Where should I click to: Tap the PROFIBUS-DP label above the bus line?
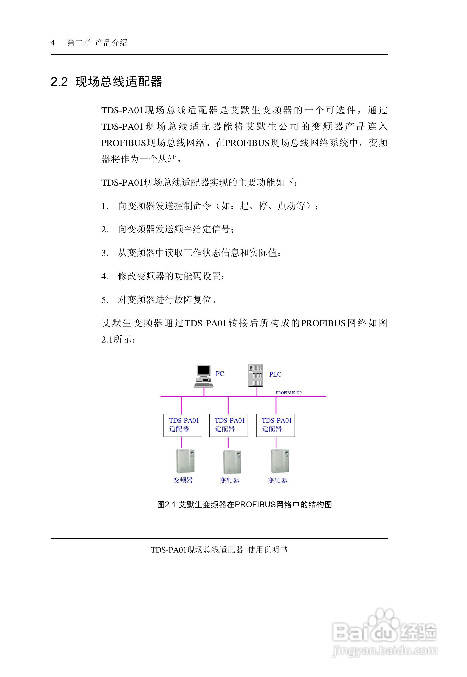pos(289,393)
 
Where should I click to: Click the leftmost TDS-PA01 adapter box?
pos(183,425)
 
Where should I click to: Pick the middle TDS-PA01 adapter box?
pos(229,425)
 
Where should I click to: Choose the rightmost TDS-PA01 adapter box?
pos(275,425)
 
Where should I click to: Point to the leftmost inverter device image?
pos(185,461)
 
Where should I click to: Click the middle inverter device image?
pos(232,462)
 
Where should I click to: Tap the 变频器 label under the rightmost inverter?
pos(277,480)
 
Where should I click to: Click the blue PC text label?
pos(220,374)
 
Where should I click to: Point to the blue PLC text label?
pos(275,374)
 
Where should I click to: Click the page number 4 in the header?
pos(53,43)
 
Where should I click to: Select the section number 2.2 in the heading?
pos(59,82)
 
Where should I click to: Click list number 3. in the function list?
pos(105,253)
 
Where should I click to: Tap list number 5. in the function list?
pos(105,300)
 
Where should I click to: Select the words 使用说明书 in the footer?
pos(267,550)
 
